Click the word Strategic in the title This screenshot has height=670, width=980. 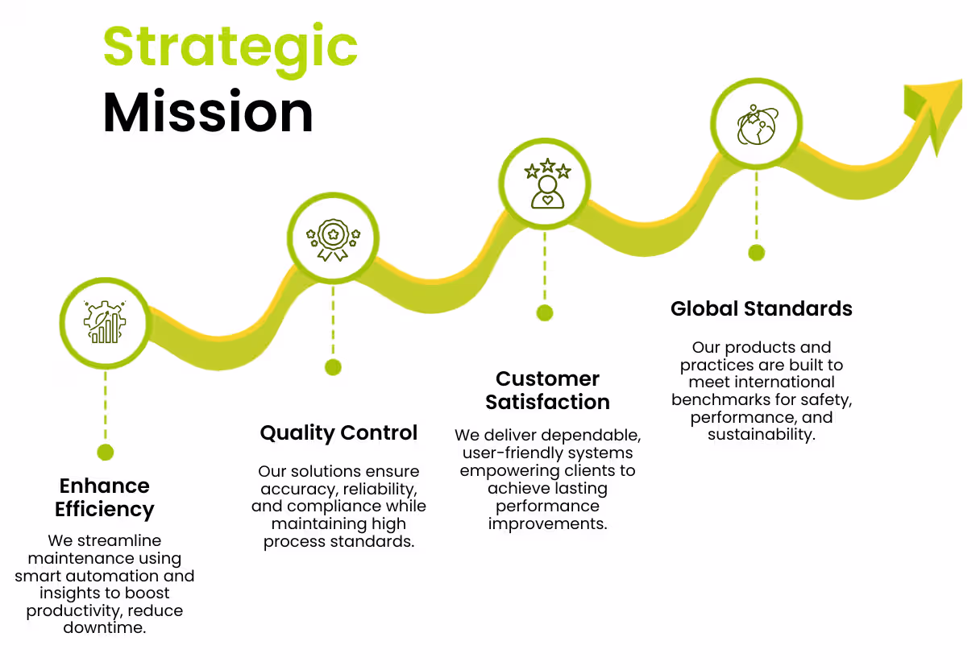[230, 47]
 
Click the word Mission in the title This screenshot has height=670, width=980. [208, 112]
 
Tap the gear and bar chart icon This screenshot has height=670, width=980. [105, 321]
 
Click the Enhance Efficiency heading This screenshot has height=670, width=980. [105, 498]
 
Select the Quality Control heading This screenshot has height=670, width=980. [338, 433]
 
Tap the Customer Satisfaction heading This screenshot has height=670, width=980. [547, 391]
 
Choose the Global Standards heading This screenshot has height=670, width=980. [761, 308]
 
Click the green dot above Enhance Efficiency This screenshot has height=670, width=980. [105, 452]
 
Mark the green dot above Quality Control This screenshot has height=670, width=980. [333, 367]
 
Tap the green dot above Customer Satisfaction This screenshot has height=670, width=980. [545, 312]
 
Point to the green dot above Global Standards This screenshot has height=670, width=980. [756, 253]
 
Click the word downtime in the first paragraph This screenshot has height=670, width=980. [105, 628]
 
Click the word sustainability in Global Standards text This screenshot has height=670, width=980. [760, 435]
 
